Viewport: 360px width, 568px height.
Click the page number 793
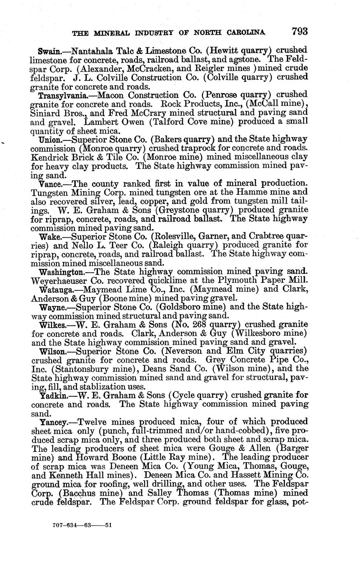coord(300,31)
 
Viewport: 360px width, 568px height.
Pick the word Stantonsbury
coord(80,369)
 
